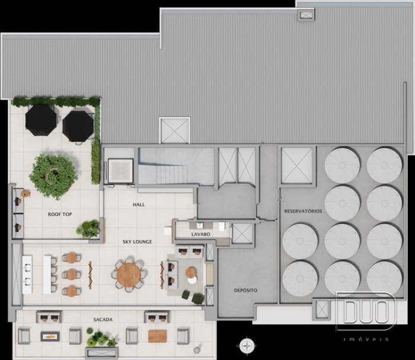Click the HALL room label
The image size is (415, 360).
point(139,205)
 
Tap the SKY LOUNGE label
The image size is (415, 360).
point(137,241)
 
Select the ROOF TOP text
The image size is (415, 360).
point(60,214)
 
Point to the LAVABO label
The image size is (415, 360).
point(200,234)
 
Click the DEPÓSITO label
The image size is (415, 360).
point(245,291)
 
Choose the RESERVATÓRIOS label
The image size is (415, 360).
point(303,211)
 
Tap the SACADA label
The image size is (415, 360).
point(103,320)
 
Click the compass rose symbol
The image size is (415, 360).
point(247,345)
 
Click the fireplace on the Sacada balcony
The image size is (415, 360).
point(50,336)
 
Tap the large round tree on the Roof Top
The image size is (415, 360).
point(53,177)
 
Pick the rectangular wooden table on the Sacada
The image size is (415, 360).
point(158,336)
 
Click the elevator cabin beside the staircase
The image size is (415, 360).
point(120,171)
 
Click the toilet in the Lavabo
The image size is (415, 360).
point(222,227)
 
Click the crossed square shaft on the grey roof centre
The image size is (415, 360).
point(175,130)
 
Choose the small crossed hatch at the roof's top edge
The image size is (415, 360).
point(307,15)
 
